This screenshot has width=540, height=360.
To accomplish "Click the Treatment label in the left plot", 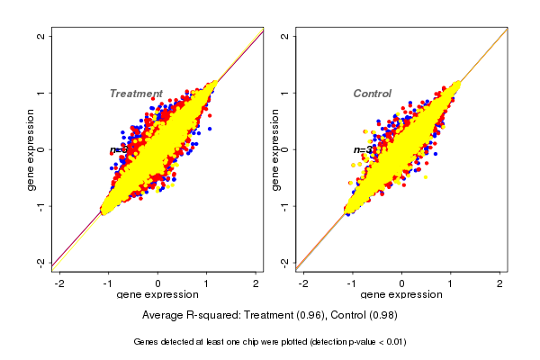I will point(136,94).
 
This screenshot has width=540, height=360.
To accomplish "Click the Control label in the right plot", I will point(372,94).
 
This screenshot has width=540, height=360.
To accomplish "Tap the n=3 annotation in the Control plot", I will point(362,149).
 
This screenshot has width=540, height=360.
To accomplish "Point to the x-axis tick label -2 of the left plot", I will point(59,283).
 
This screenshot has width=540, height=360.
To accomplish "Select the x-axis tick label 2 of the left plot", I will point(256,283).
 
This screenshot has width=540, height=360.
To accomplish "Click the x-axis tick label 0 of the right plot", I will point(402,283).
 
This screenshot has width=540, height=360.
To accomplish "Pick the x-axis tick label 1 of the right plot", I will point(451,283).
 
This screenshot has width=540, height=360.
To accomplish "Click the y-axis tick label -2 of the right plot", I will point(285,262).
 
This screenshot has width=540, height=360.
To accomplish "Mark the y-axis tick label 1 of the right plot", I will point(285,93).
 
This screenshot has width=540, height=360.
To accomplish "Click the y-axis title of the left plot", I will point(31,149).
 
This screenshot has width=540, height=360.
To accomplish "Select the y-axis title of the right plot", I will point(274,149).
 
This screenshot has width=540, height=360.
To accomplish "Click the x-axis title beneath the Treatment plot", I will point(157,295).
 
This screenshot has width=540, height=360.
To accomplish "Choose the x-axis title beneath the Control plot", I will point(401,295).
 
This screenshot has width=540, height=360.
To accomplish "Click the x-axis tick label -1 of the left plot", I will point(107,283).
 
